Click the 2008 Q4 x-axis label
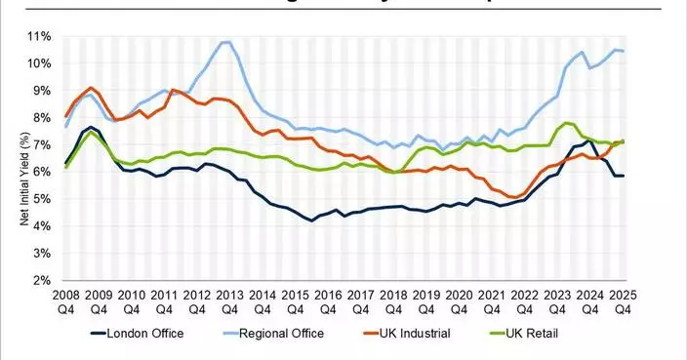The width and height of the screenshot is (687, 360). click(x=65, y=301)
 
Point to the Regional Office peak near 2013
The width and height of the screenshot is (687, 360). click(x=225, y=42)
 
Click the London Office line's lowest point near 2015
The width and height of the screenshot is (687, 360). click(x=311, y=221)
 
